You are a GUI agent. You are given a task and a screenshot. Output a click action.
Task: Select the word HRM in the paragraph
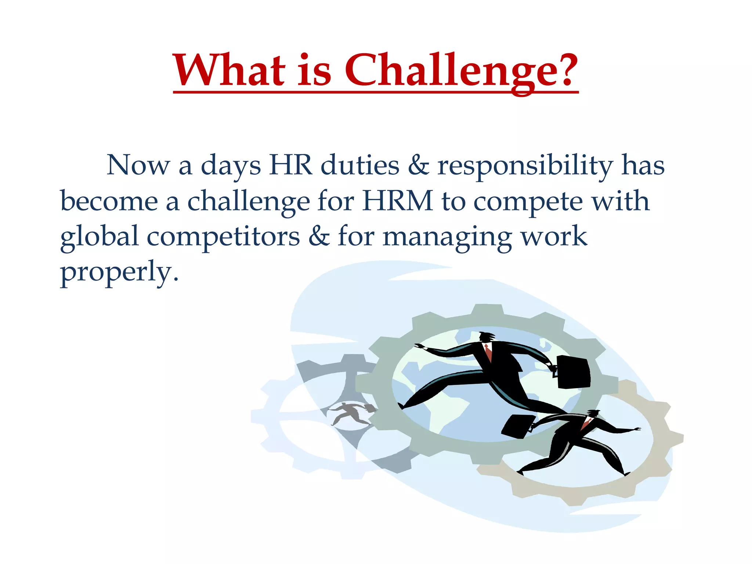click(398, 201)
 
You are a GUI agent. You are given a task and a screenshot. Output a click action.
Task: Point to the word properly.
click(119, 272)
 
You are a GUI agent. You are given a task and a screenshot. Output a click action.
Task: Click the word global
click(99, 237)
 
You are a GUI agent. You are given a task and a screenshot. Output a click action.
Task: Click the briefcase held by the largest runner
click(573, 372)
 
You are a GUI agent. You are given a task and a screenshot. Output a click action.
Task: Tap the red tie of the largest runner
click(488, 352)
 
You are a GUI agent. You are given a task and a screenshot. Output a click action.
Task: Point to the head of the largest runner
click(486, 336)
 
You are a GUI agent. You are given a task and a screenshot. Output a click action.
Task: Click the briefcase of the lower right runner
click(517, 426)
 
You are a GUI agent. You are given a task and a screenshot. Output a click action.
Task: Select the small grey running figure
click(349, 413)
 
